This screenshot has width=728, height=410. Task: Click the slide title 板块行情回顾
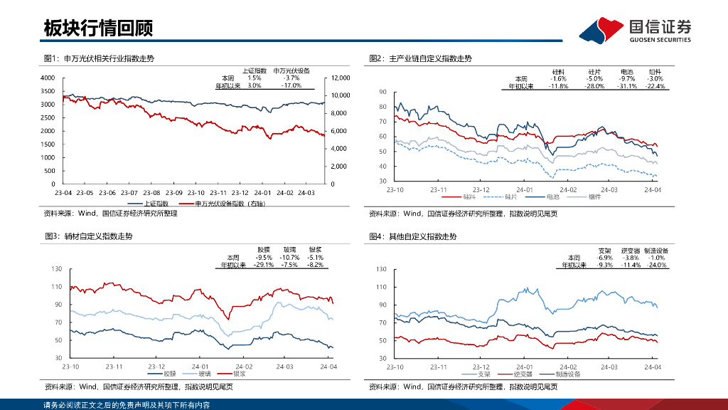(97, 28)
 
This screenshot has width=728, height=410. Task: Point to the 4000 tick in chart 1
(47, 78)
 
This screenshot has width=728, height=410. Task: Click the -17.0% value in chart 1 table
(291, 85)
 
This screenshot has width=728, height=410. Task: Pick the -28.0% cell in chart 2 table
(594, 86)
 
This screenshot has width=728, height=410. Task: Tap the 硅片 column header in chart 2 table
(595, 72)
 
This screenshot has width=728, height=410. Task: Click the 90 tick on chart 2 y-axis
(382, 93)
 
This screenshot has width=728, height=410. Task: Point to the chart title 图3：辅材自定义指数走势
(89, 236)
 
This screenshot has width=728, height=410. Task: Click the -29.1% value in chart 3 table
(265, 265)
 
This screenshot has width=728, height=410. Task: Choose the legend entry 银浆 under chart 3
(239, 373)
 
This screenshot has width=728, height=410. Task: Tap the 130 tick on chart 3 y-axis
(56, 269)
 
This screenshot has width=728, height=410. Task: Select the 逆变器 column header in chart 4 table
(631, 251)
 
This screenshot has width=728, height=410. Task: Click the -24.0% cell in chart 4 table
(655, 265)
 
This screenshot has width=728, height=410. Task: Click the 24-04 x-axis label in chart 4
(652, 367)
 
